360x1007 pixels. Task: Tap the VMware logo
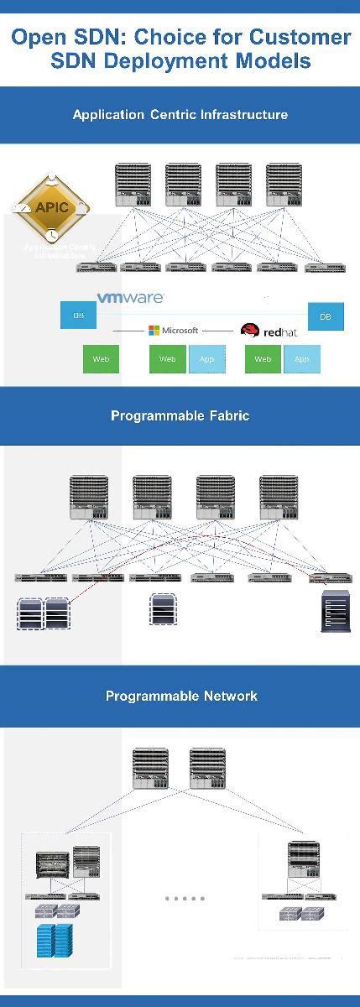coord(130,297)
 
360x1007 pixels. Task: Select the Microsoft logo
coord(174,331)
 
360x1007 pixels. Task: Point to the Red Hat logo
coord(269,331)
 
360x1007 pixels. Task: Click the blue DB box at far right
coord(326,316)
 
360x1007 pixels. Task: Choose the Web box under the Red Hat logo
coord(263,358)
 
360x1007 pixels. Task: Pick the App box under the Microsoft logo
coord(206,358)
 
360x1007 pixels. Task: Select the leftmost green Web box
coord(101,358)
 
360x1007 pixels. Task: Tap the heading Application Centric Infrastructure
coord(180,115)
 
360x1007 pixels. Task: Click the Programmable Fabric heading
coord(180,415)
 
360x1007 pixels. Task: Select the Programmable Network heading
coord(181,696)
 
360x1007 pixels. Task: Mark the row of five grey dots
coord(184,898)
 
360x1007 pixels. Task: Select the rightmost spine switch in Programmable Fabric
coord(279,498)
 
